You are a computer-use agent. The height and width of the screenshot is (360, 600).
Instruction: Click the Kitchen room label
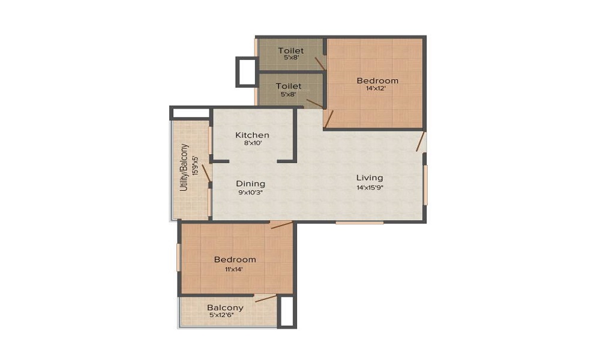[x=252, y=135]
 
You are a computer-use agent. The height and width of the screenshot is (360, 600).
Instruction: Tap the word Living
[x=370, y=178]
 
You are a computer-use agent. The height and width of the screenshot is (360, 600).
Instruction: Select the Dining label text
[x=250, y=184]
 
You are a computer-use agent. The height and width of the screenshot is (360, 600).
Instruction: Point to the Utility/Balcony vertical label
[x=185, y=169]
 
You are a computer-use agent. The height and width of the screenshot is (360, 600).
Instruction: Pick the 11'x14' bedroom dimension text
[x=235, y=269]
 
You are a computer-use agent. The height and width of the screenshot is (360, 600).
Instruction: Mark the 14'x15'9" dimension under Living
[x=370, y=187]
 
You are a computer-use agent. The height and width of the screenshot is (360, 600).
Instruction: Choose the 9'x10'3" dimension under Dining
[x=250, y=193]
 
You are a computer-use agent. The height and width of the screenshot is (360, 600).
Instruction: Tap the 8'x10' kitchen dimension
[x=252, y=144]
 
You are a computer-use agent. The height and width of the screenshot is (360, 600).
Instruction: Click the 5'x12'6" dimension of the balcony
[x=226, y=316]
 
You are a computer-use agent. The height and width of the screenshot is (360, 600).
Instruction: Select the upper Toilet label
[x=291, y=51]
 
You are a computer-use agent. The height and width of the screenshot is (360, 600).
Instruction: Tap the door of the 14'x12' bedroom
[x=328, y=119]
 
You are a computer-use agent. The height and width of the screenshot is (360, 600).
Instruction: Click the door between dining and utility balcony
[x=206, y=172]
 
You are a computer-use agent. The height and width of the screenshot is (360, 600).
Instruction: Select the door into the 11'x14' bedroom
[x=281, y=225]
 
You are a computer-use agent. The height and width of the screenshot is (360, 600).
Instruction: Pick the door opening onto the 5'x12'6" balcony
[x=266, y=298]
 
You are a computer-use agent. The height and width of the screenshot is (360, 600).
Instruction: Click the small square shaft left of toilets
[x=246, y=72]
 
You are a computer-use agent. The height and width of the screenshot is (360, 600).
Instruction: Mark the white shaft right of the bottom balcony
[x=287, y=311]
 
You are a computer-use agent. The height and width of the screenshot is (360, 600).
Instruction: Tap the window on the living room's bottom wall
[x=359, y=223]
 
